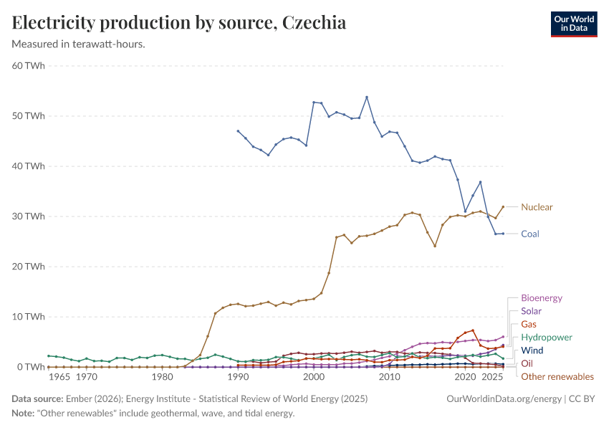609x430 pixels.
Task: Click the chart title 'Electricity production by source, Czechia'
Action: (179, 23)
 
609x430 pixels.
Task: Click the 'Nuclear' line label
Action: (537, 207)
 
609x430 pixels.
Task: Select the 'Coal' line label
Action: (530, 234)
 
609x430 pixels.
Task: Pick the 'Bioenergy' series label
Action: (542, 298)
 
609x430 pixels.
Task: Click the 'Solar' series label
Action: (531, 311)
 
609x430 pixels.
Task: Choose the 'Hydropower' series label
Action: (547, 338)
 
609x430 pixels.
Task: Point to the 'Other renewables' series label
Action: (557, 376)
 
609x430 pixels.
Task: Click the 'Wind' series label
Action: (532, 350)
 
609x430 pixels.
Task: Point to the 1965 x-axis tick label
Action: (59, 377)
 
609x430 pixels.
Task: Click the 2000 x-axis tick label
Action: (314, 377)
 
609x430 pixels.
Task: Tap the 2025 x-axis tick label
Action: (492, 377)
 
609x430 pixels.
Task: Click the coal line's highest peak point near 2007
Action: (367, 97)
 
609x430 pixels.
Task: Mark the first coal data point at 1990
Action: (238, 131)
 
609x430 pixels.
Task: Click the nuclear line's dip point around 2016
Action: (435, 246)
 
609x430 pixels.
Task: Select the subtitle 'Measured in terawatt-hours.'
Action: (79, 44)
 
